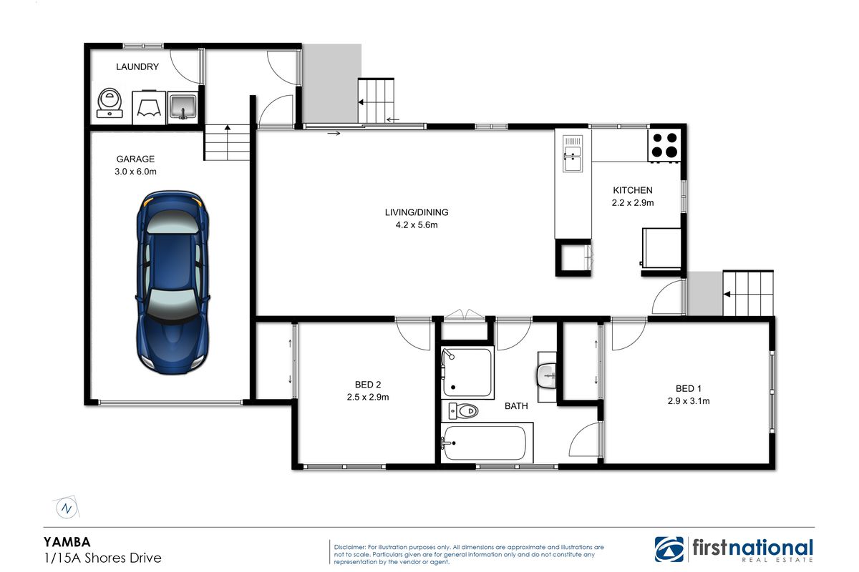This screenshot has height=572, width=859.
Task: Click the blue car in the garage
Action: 173,282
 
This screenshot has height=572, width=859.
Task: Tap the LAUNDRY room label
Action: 137,66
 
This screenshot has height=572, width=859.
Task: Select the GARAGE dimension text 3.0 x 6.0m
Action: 135,172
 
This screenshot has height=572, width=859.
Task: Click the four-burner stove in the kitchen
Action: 664,145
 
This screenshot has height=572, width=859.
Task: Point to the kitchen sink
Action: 573,154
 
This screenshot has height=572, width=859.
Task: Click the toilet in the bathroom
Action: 463,411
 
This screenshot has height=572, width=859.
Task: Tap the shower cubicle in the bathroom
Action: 467,373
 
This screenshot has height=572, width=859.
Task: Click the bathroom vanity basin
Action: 546,376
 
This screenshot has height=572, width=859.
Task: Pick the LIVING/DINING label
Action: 417,212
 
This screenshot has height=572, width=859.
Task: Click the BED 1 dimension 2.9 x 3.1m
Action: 689,401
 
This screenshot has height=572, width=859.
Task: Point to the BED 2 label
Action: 368,384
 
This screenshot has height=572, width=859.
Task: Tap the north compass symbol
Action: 67,508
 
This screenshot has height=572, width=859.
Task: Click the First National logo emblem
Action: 669,549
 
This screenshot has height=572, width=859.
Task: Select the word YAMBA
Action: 67,542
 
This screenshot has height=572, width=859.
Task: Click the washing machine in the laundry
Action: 110,104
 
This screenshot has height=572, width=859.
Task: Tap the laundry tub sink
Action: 183,107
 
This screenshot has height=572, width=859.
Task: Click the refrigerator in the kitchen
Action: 661,247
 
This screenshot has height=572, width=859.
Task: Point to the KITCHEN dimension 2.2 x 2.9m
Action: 632,203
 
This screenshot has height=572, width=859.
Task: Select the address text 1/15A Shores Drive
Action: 103,558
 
